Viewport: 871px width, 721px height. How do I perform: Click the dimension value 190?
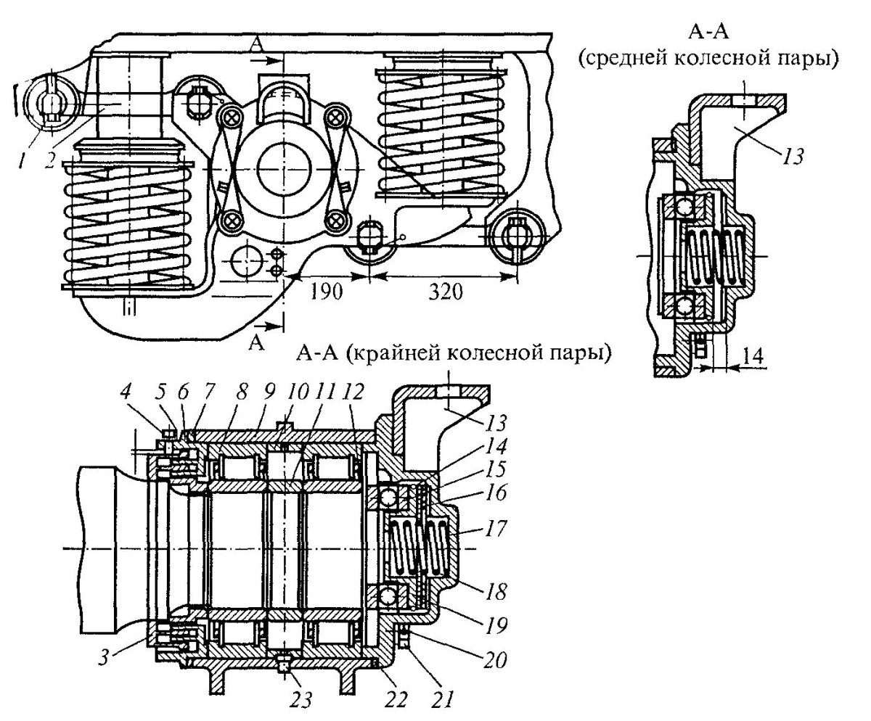327,292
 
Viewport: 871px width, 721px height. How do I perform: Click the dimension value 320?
446,292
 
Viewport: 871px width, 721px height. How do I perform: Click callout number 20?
496,659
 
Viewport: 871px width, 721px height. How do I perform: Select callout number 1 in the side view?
22,160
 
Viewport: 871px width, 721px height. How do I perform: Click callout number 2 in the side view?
50,160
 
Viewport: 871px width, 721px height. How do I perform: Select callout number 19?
496,625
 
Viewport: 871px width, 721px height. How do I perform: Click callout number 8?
241,392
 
